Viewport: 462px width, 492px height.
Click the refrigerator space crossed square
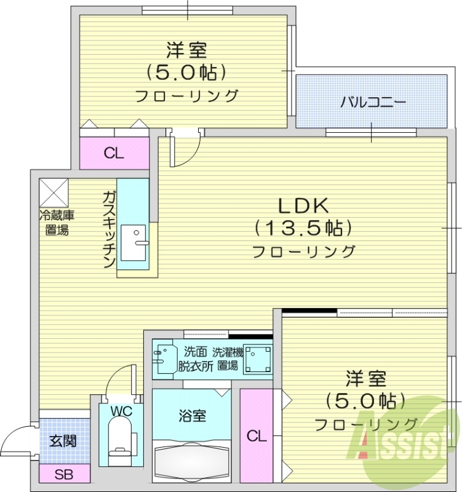coord(54,192)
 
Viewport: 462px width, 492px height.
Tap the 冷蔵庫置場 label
coord(57,223)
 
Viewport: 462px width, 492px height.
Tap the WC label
coord(119,410)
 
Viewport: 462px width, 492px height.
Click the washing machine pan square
coord(258,359)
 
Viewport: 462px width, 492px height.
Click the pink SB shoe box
coord(63,474)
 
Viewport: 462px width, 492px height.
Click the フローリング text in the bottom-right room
coord(366,424)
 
